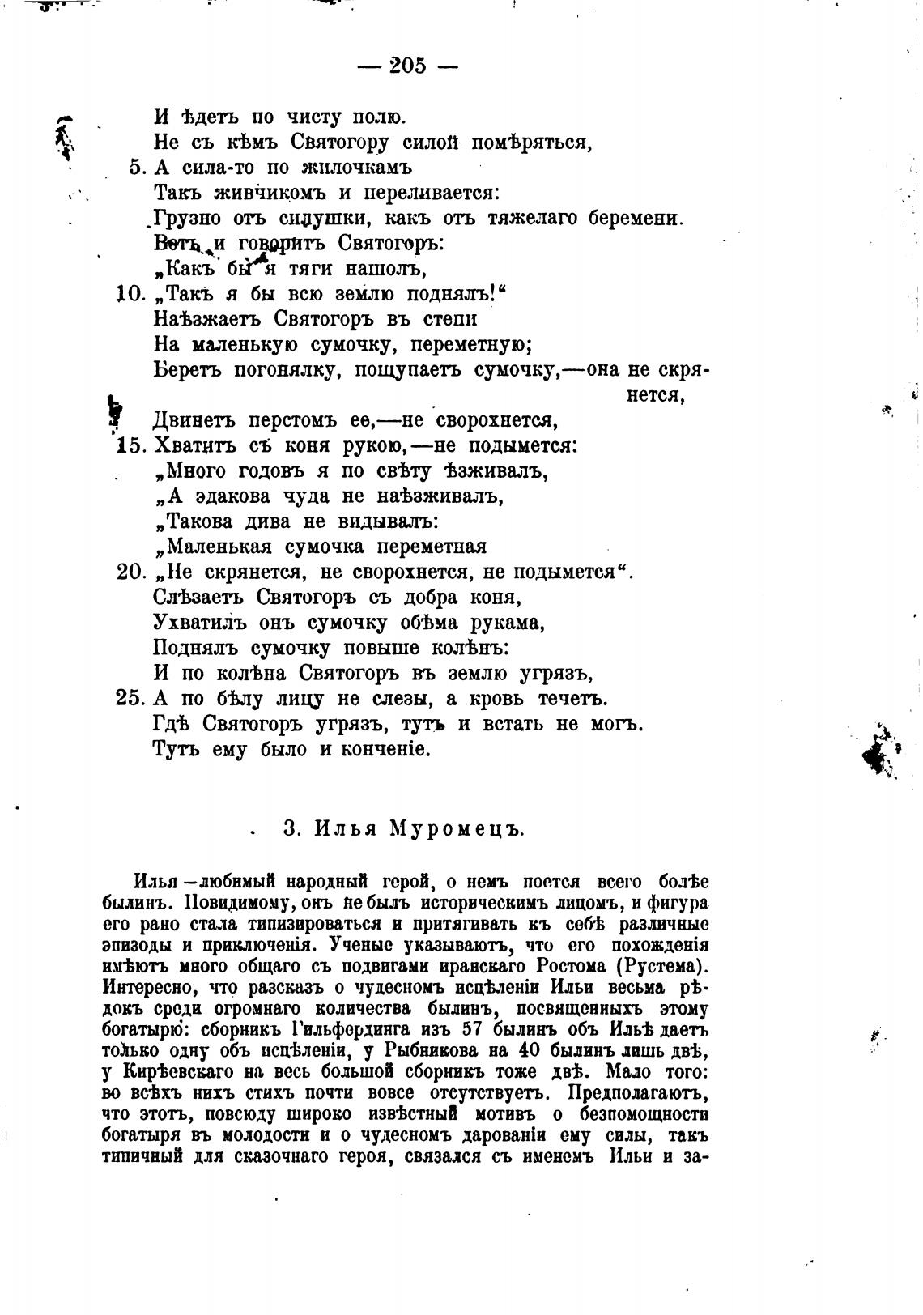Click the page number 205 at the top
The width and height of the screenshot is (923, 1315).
click(407, 66)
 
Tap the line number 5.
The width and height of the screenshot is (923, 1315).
click(136, 168)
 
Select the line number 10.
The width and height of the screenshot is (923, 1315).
click(130, 293)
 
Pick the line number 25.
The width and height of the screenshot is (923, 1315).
click(130, 698)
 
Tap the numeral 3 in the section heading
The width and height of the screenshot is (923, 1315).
click(289, 829)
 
